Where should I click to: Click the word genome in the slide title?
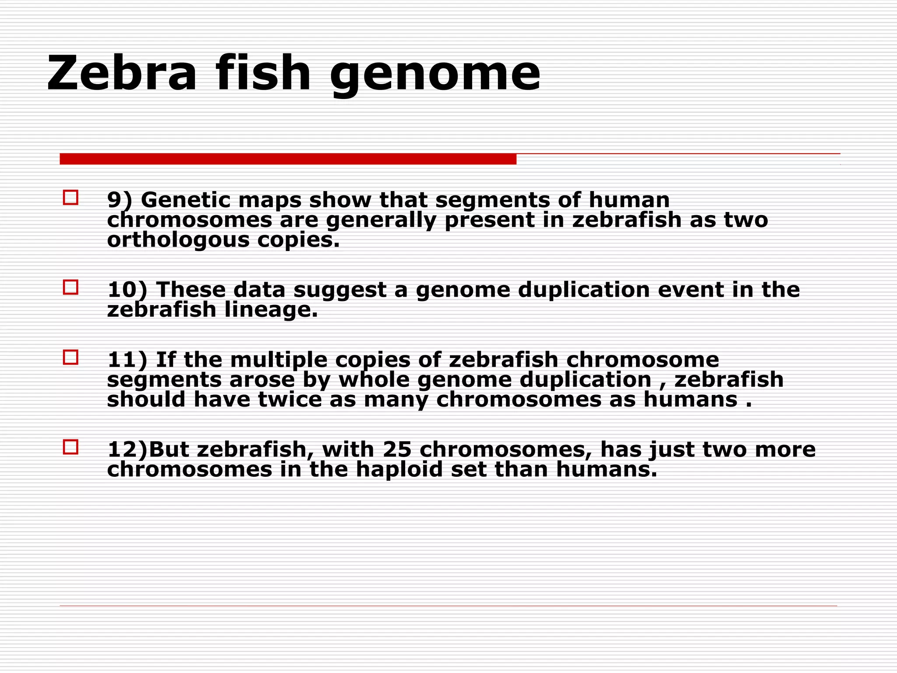point(435,74)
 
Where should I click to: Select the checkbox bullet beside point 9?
point(71,198)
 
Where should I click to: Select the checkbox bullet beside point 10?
point(71,287)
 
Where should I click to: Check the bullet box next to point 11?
point(71,358)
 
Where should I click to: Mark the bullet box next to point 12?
point(71,447)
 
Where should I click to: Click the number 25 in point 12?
point(397,450)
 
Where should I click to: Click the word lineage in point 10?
point(271,310)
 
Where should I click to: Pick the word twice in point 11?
point(290,400)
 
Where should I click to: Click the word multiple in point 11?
point(279,360)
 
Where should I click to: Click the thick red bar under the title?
point(288,159)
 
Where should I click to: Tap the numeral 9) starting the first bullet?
point(119,201)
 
